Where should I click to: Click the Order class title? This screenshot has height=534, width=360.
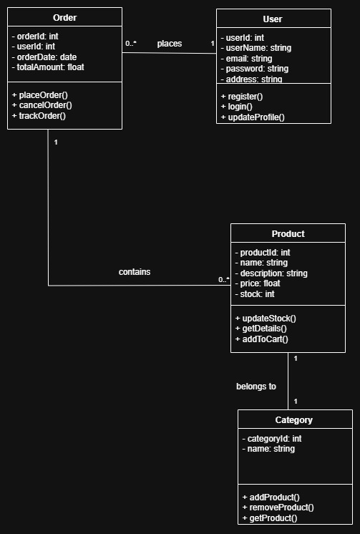pyautogui.click(x=64, y=18)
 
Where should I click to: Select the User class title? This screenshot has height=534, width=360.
pyautogui.click(x=273, y=19)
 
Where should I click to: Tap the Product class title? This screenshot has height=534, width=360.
pyautogui.click(x=288, y=234)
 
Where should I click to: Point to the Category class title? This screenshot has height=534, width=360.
pyautogui.click(x=294, y=420)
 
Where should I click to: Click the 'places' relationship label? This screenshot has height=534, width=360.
pyautogui.click(x=170, y=44)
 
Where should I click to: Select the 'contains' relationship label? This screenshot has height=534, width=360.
pyautogui.click(x=135, y=272)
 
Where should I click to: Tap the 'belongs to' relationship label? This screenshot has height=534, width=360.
pyautogui.click(x=256, y=387)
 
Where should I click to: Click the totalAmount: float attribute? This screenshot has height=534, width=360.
pyautogui.click(x=48, y=67)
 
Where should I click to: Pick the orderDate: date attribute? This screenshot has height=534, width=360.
pyautogui.click(x=44, y=57)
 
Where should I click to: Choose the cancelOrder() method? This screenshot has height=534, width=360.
pyautogui.click(x=42, y=105)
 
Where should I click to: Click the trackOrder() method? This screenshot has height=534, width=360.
pyautogui.click(x=39, y=116)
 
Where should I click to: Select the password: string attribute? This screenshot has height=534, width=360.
pyautogui.click(x=255, y=69)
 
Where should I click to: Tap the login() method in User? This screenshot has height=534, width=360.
pyautogui.click(x=237, y=107)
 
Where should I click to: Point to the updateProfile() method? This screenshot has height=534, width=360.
pyautogui.click(x=253, y=117)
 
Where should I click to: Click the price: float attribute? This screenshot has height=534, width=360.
pyautogui.click(x=258, y=283)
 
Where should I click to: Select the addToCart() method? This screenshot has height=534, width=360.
pyautogui.click(x=261, y=339)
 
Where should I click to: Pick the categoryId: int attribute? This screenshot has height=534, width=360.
pyautogui.click(x=272, y=439)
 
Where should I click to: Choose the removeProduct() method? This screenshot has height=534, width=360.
pyautogui.click(x=278, y=508)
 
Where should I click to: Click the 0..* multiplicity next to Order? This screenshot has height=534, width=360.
pyautogui.click(x=131, y=43)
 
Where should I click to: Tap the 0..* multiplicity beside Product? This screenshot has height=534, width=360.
pyautogui.click(x=224, y=280)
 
